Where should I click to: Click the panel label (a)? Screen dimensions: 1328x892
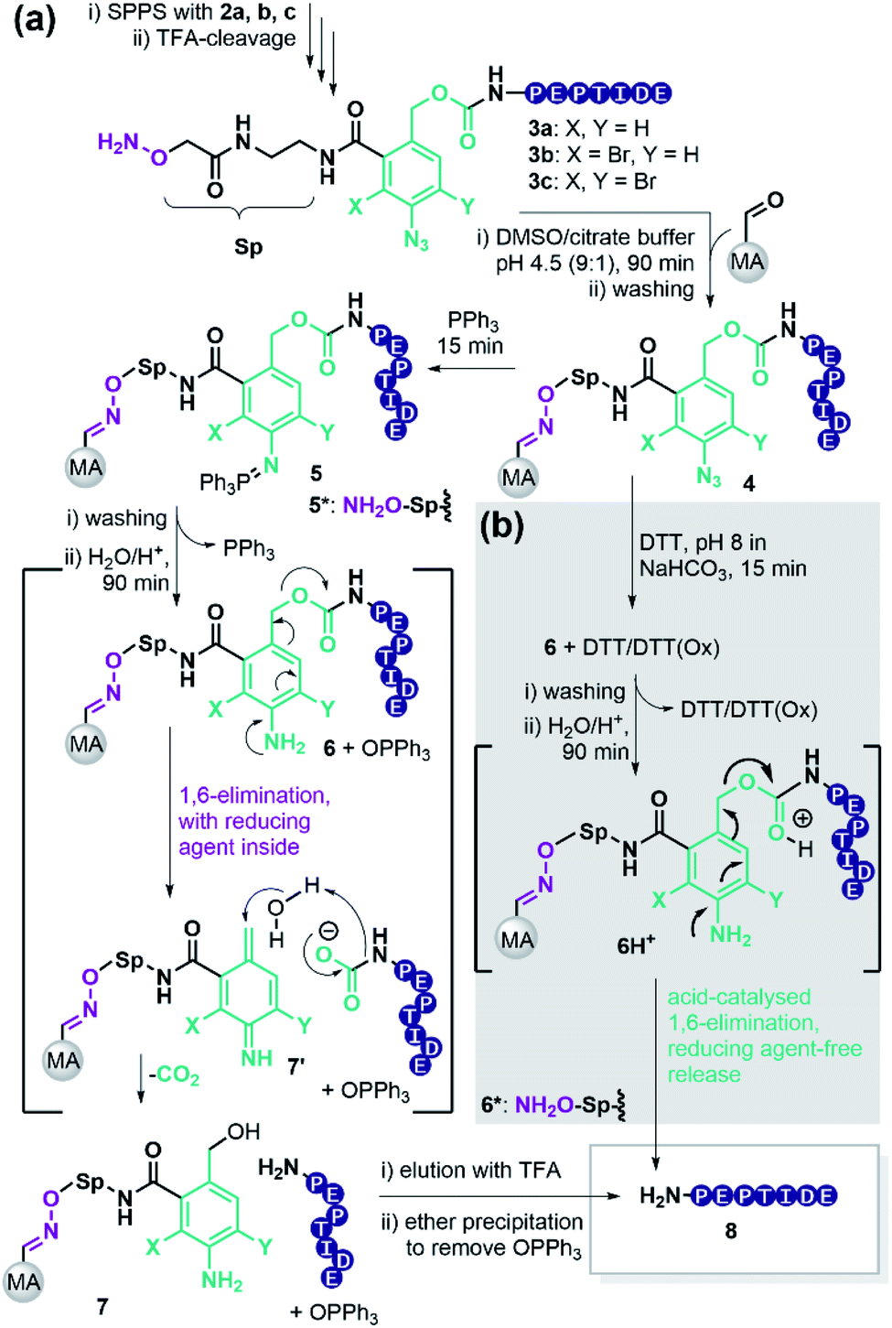pyautogui.click(x=36, y=20)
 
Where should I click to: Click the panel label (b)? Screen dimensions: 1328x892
pyautogui.click(x=502, y=526)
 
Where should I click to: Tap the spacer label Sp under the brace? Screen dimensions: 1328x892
pyautogui.click(x=248, y=247)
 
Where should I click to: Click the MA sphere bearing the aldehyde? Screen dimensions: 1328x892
pyautogui.click(x=747, y=262)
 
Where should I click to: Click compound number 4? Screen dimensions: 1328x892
pyautogui.click(x=748, y=484)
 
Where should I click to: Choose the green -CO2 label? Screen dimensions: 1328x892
pyautogui.click(x=177, y=1074)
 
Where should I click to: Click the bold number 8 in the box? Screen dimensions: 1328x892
pyautogui.click(x=730, y=1231)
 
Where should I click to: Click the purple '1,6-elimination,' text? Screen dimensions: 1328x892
pyautogui.click(x=254, y=795)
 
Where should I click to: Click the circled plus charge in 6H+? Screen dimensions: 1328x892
pyautogui.click(x=802, y=818)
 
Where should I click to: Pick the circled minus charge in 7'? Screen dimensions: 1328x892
pyautogui.click(x=328, y=931)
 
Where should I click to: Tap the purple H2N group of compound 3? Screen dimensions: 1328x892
pyautogui.click(x=118, y=143)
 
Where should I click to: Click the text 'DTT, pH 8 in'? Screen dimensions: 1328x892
pyautogui.click(x=697, y=543)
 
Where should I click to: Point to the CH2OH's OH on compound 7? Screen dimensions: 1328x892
pyautogui.click(x=244, y=1132)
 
